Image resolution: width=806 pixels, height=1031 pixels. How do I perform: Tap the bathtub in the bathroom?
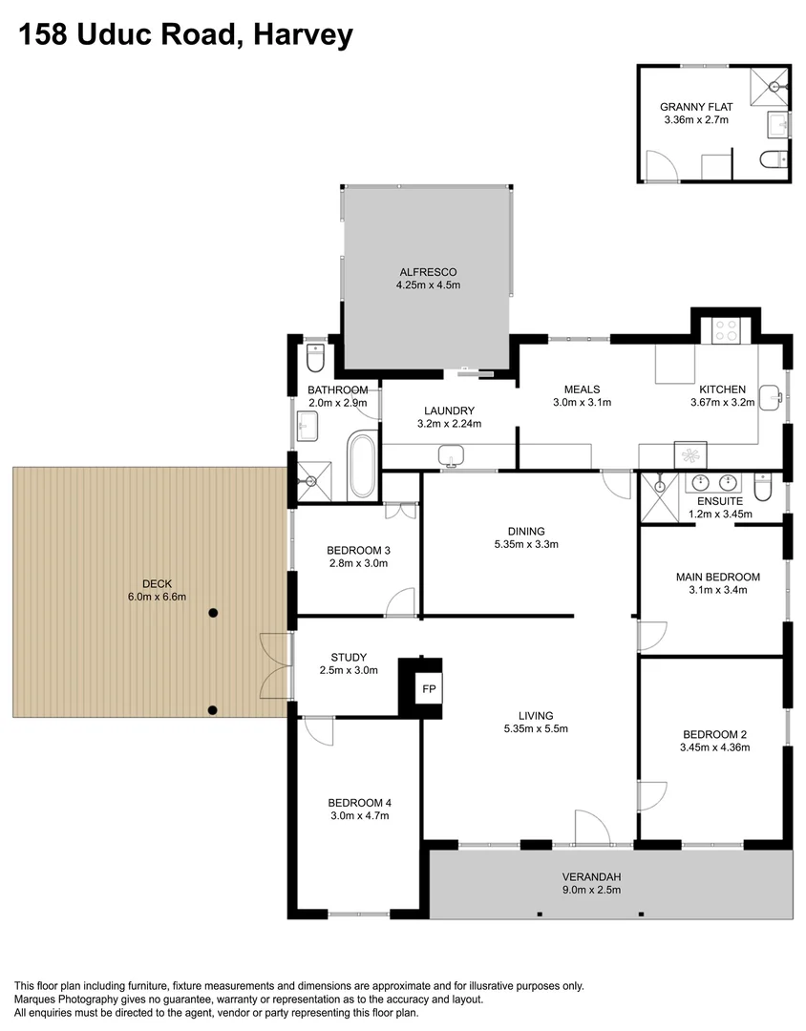[x=362, y=465]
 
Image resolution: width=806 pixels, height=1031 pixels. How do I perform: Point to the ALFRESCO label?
[x=429, y=271]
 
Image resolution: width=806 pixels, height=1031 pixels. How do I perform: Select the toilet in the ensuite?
[x=762, y=488]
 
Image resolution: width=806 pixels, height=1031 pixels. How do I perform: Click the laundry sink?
[x=451, y=457]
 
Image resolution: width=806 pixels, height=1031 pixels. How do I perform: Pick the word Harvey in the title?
[x=303, y=35]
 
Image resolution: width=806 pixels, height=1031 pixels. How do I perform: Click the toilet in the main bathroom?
[x=316, y=358]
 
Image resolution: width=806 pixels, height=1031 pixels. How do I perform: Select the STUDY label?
[x=349, y=657]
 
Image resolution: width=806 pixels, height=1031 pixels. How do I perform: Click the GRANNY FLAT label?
[x=696, y=107]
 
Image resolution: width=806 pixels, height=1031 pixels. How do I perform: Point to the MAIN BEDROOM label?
[x=717, y=577]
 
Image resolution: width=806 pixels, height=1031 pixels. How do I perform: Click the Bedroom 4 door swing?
[x=318, y=732]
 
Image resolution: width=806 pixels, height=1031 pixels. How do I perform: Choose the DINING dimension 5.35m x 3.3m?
[x=525, y=545]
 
